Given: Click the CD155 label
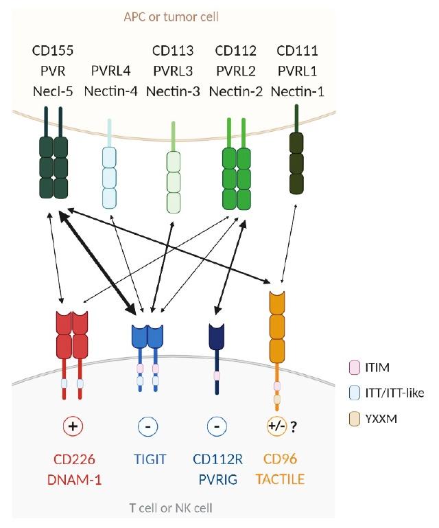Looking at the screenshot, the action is (53, 51).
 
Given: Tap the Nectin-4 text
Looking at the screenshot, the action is (110, 91).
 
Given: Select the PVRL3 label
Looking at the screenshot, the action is (173, 71).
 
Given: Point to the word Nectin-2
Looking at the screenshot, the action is (235, 91).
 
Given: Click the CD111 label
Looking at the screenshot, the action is (298, 51).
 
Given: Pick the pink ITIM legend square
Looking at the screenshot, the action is (355, 367).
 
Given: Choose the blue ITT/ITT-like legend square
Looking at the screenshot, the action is (355, 393).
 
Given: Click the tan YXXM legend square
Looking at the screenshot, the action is (355, 420).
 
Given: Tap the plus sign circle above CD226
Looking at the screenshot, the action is (73, 426).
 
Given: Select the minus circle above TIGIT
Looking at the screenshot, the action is (148, 426).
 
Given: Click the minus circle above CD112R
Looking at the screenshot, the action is (217, 426).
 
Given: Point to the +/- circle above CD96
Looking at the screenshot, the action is (277, 426).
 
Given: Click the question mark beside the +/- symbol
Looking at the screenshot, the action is (294, 427).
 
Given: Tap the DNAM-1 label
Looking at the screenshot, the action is (74, 479).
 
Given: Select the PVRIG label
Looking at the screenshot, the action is (218, 479).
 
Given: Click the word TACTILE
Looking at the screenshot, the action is (280, 479).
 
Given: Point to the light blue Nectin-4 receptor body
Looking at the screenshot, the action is (109, 178).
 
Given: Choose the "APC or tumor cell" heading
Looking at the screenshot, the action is (171, 17).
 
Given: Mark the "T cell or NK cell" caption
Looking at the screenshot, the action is (171, 508).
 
